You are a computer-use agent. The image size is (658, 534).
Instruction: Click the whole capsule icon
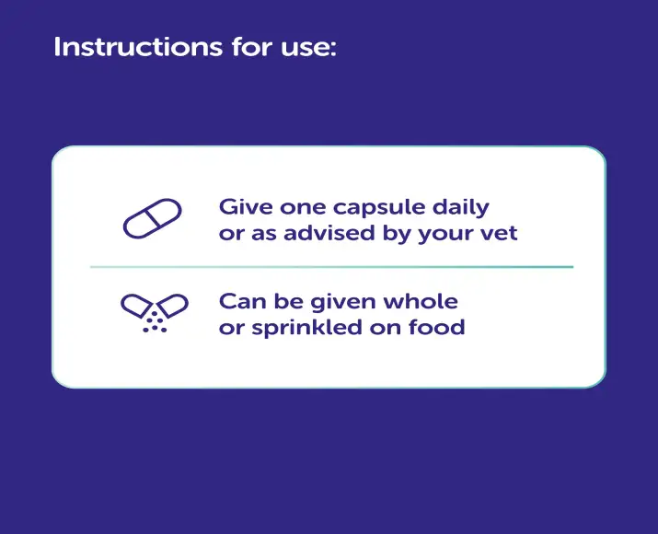click(154, 219)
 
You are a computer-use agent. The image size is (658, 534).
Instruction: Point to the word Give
click(241, 206)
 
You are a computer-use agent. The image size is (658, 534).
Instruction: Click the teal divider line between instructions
click(331, 267)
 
